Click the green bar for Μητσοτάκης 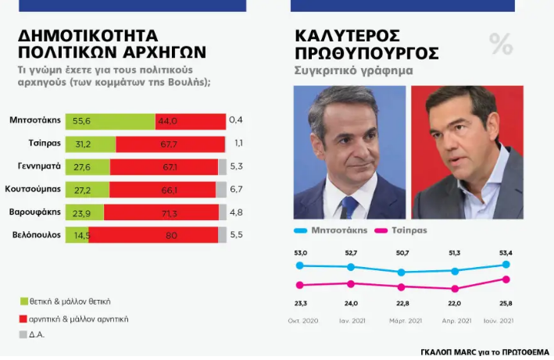coord(109,121)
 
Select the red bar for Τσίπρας coord(170,144)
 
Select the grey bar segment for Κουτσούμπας coord(220,189)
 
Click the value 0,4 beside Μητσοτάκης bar coord(235,120)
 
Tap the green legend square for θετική coord(23,301)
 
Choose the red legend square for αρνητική coord(23,319)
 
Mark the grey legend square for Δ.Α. coord(23,336)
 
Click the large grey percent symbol coord(501,45)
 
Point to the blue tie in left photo coord(350,206)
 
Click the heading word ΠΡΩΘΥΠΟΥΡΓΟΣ coord(366,54)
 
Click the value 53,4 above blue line coord(506,252)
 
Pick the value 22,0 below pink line coord(455,303)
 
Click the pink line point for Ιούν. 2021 coord(506,279)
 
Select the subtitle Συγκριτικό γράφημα coord(353,71)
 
